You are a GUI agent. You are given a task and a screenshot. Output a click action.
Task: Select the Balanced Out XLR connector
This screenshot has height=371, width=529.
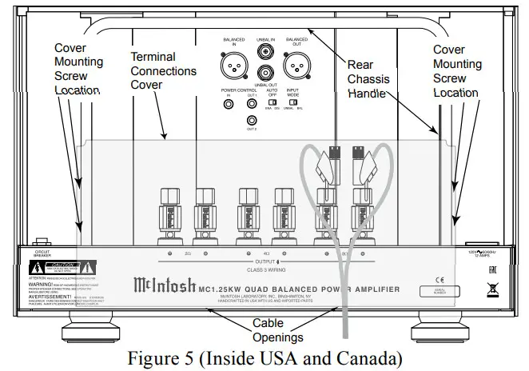[x=297, y=62]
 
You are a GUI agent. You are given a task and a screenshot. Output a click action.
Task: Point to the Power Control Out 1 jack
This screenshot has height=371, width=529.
[x=253, y=104]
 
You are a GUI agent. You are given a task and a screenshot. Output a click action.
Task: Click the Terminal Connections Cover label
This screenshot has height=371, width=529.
[x=163, y=70]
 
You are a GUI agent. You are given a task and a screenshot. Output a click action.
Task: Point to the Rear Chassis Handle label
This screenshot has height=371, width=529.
[x=368, y=78]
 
